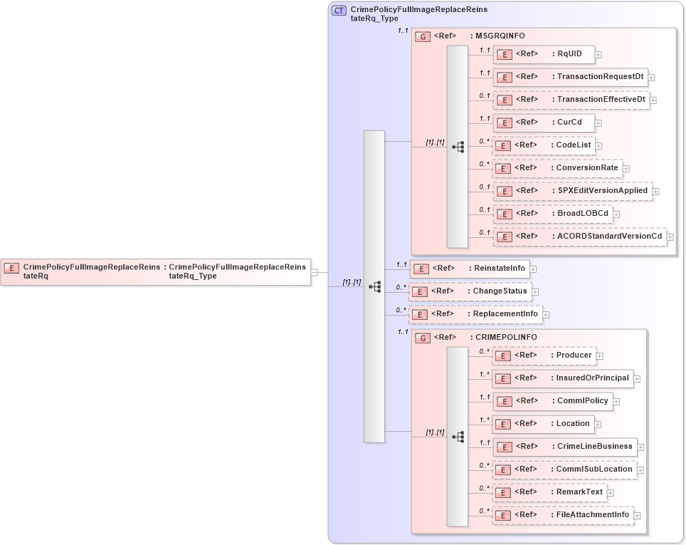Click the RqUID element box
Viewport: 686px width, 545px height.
pos(544,54)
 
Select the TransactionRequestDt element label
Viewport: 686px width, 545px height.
pos(600,76)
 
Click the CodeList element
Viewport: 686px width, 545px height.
pos(544,145)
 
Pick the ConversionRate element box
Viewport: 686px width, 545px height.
pos(557,168)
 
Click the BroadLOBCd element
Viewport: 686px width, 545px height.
pos(552,213)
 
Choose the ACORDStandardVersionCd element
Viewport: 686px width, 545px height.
pos(579,236)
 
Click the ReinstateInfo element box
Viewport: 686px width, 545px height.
pos(470,269)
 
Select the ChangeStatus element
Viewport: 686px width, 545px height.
pos(469,291)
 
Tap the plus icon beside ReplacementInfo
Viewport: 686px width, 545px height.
pos(546,314)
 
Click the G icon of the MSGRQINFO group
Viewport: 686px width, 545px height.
pos(423,36)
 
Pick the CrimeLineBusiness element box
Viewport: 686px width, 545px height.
pos(565,447)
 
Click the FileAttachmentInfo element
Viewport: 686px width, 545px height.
pos(562,515)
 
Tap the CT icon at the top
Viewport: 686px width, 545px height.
pos(339,11)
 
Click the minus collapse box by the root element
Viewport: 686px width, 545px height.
pos(315,271)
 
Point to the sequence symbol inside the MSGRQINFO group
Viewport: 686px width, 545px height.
pos(458,146)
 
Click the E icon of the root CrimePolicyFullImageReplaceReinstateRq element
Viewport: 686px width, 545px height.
pos(11,268)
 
